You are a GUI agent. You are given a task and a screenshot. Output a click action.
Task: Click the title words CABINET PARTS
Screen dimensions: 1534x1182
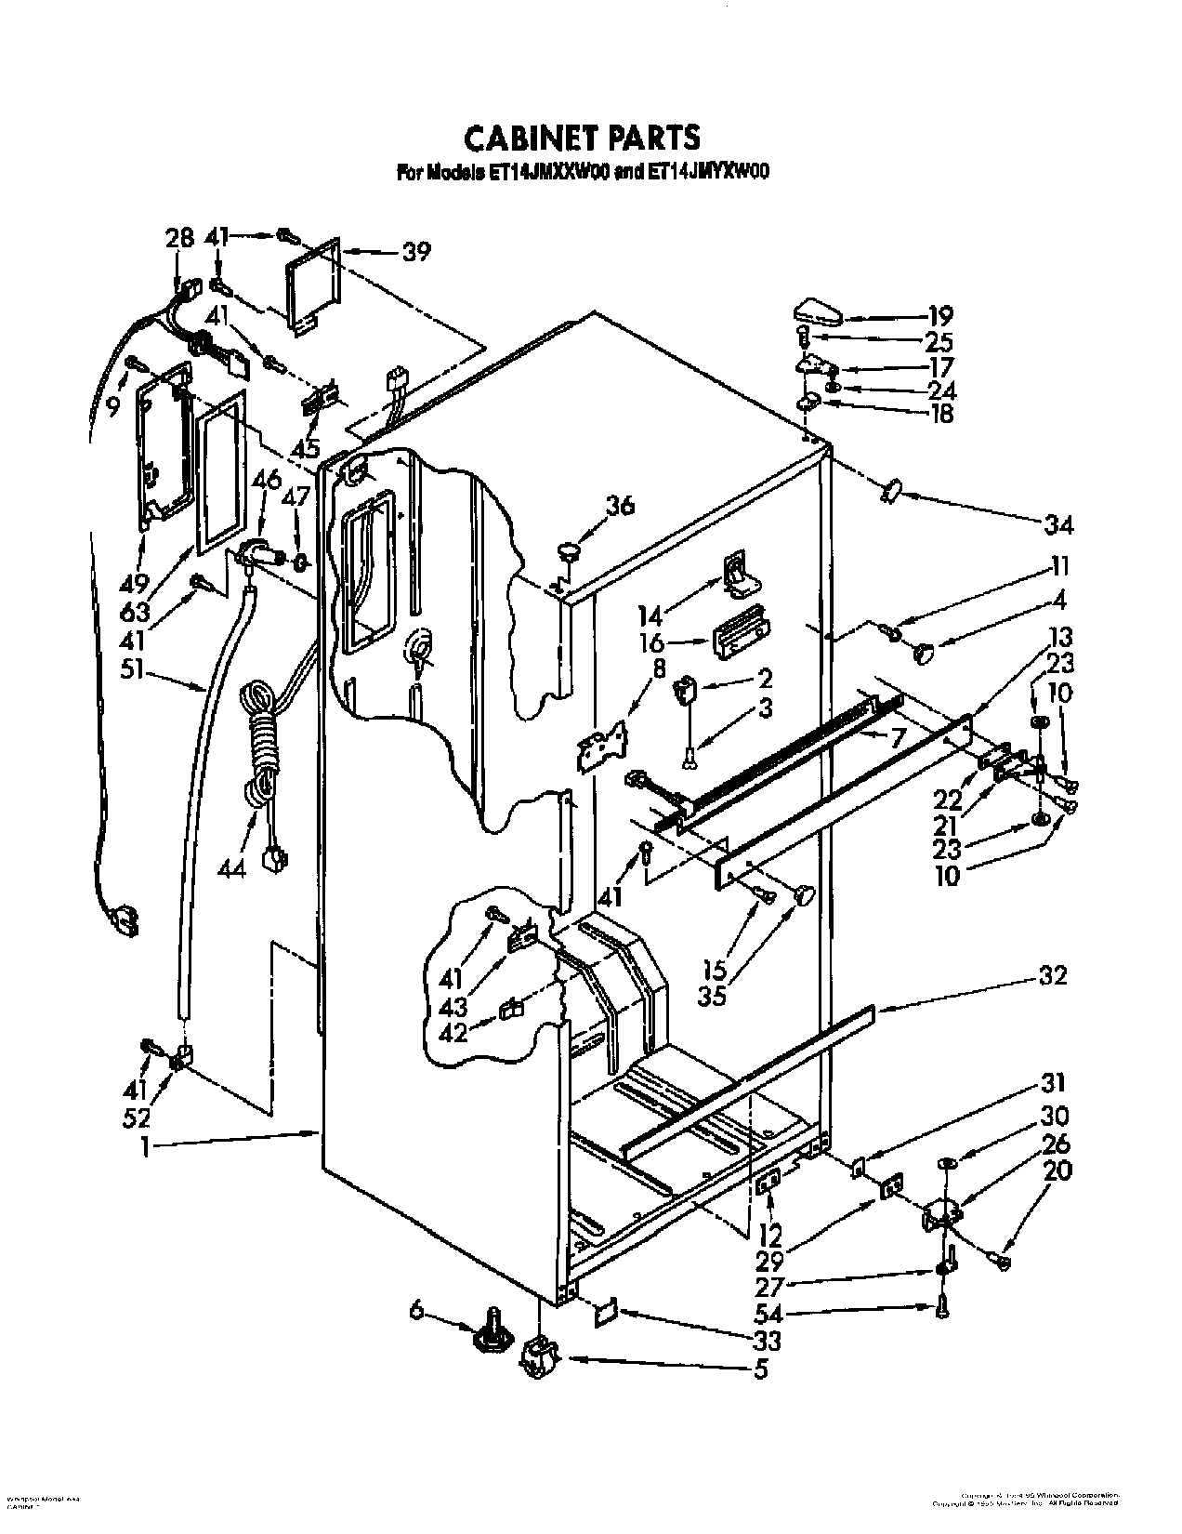582,138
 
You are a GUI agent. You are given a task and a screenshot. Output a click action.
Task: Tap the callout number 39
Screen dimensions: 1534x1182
416,251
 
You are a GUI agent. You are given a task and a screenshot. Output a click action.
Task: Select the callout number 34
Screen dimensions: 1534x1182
1058,526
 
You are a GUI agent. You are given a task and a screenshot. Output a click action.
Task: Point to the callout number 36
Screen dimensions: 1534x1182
621,506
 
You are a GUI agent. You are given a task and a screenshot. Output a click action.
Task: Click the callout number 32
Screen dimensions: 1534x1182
1052,975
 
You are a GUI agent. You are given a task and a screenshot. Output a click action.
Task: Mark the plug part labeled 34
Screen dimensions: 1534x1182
893,490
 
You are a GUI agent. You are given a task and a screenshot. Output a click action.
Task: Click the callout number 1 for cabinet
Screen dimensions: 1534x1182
145,1148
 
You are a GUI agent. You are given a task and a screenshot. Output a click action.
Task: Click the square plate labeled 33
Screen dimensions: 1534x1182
605,1312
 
